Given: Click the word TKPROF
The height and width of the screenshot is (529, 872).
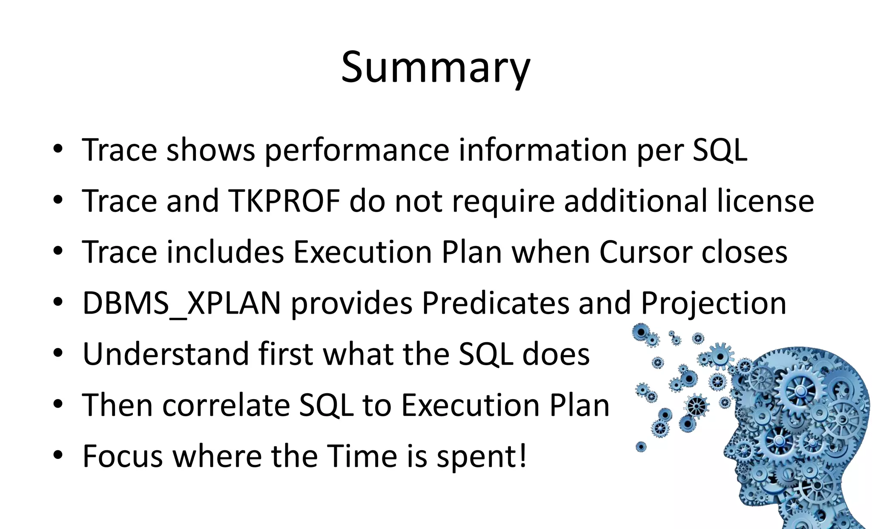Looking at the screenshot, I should click(x=284, y=201).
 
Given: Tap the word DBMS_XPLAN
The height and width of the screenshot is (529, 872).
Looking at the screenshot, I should click(x=181, y=303).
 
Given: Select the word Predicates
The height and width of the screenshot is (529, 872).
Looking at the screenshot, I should click(x=495, y=303).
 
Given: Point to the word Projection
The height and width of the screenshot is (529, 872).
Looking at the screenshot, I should click(x=713, y=303).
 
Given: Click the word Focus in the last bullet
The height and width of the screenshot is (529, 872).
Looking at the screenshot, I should click(x=123, y=456).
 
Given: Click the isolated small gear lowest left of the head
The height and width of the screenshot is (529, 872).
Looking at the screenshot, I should click(x=641, y=447).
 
